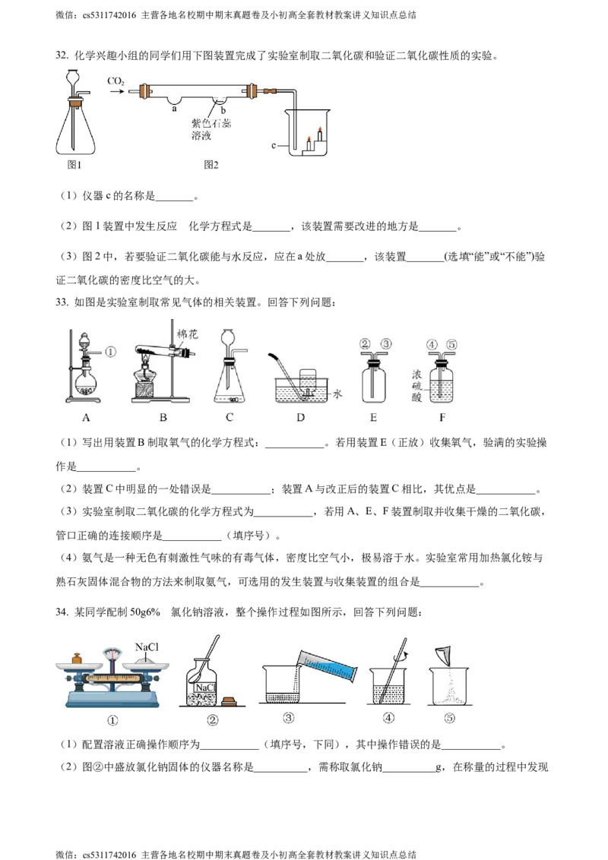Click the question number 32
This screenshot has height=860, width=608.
(x=62, y=55)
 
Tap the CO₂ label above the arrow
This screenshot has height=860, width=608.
(x=116, y=81)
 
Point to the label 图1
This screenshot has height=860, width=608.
(x=74, y=165)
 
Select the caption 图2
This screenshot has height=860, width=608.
(x=211, y=165)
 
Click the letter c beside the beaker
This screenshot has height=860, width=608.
(x=274, y=146)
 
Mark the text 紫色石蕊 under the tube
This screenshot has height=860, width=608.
(x=211, y=124)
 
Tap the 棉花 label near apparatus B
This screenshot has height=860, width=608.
(x=186, y=334)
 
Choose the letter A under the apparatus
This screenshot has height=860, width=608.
(x=86, y=417)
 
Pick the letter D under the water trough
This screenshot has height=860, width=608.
(x=301, y=417)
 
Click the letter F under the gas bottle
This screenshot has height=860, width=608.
(x=442, y=417)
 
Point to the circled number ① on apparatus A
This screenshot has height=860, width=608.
(x=110, y=352)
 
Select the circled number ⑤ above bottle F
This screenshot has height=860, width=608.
(x=451, y=345)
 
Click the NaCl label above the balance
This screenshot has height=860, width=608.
(x=147, y=647)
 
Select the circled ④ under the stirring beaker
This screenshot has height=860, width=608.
(x=388, y=717)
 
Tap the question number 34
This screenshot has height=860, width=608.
(x=62, y=612)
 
